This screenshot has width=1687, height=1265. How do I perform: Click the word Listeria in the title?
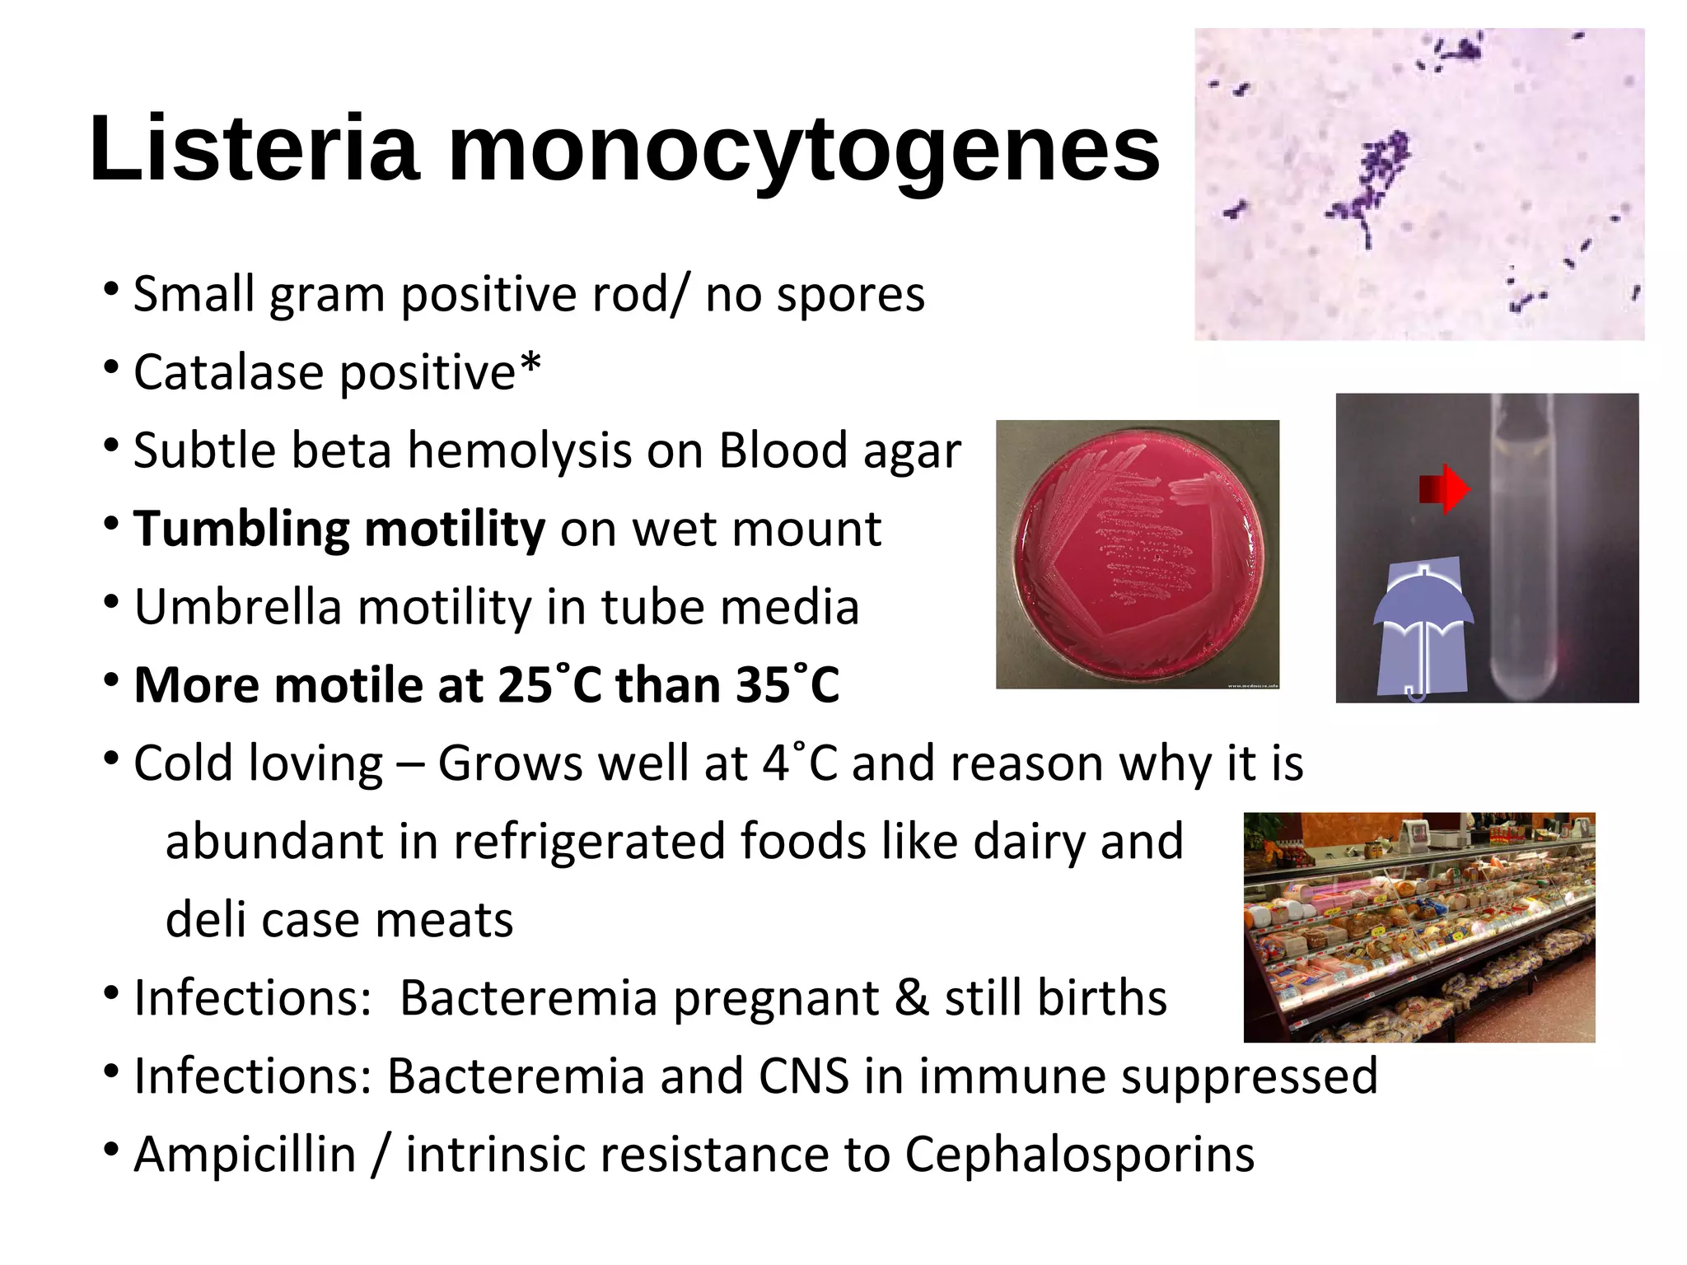[x=255, y=149]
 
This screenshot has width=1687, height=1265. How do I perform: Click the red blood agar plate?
[x=1138, y=553]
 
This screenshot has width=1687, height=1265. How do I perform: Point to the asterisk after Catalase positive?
[x=530, y=365]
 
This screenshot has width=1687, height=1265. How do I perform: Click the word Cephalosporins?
[x=1079, y=1155]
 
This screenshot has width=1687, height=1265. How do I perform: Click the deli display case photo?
[x=1418, y=927]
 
